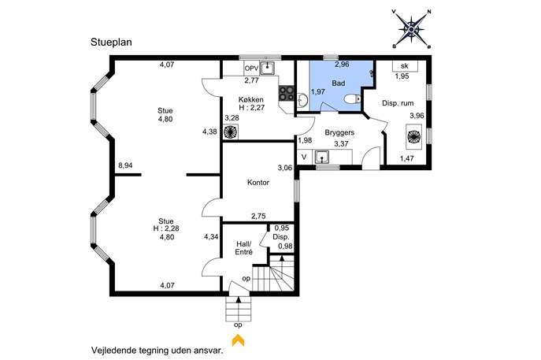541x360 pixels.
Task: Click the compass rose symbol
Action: [412, 29]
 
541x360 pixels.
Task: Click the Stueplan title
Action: [111, 42]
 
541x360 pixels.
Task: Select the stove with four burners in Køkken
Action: [287, 93]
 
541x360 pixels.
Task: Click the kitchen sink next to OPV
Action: [267, 68]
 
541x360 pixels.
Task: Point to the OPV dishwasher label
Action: [251, 69]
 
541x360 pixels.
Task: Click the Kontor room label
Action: [258, 182]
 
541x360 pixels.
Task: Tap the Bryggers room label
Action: [339, 132]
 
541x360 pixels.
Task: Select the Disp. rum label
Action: [398, 103]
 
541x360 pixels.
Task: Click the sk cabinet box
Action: [405, 66]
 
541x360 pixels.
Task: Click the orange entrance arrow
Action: [238, 340]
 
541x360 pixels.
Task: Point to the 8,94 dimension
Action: [125, 165]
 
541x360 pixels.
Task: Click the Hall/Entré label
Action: [244, 247]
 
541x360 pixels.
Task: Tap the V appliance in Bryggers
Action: [304, 157]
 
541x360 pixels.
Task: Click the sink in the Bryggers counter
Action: [321, 157]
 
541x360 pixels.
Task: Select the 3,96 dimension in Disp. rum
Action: [417, 116]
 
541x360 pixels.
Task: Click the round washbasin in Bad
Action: [302, 100]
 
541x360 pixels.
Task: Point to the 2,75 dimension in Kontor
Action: [258, 217]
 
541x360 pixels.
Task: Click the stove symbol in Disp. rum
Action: [413, 137]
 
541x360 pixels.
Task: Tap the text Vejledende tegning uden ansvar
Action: [157, 351]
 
